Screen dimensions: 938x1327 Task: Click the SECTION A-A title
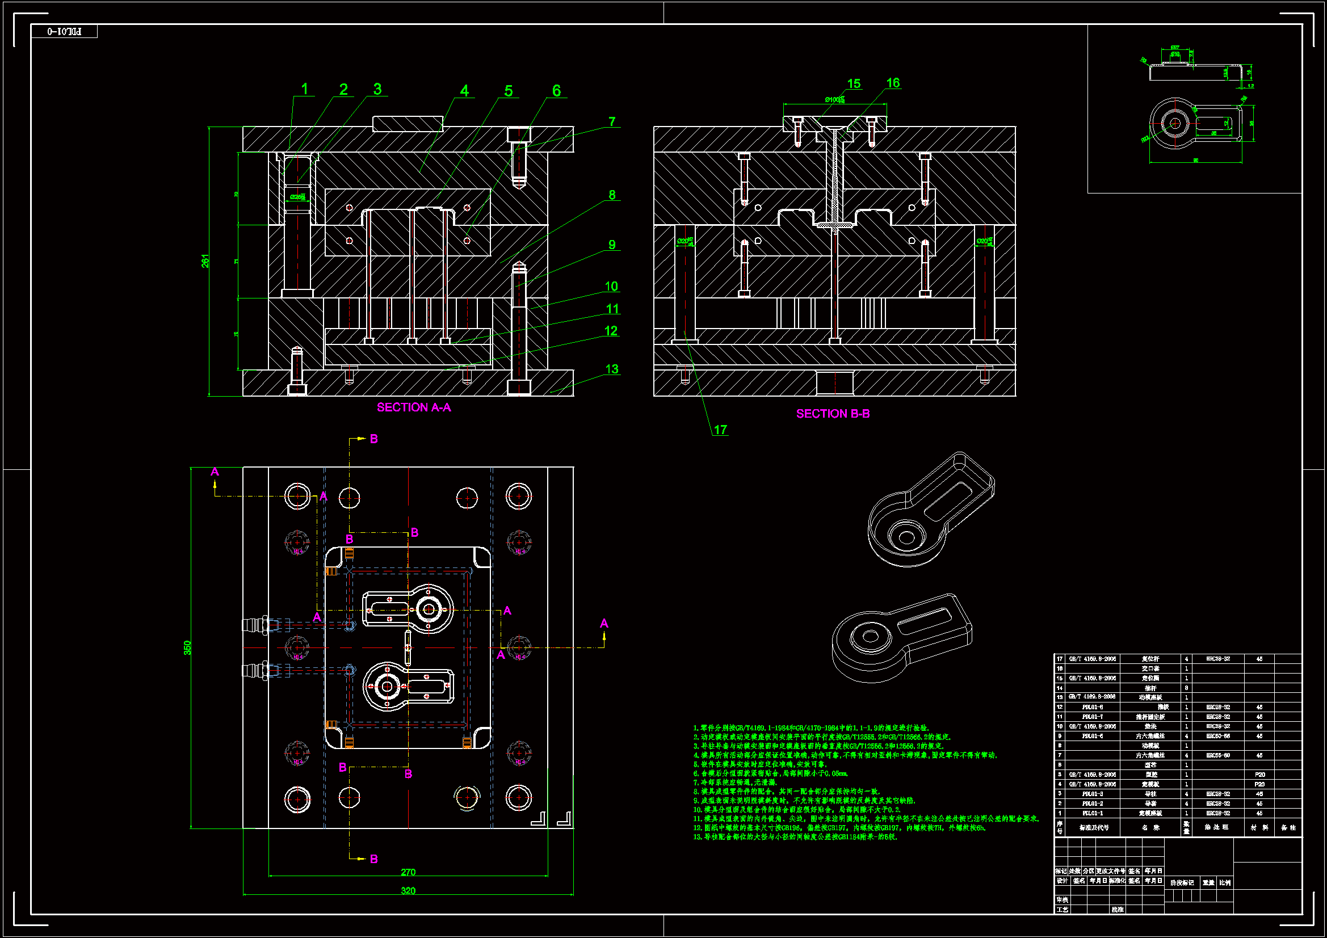(x=414, y=407)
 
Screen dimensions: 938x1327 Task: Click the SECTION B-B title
(x=833, y=414)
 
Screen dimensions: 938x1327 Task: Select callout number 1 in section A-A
(x=305, y=89)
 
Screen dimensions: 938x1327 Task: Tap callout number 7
(x=612, y=121)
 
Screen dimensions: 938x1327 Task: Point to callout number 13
(x=612, y=369)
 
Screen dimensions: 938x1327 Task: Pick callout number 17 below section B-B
(x=720, y=430)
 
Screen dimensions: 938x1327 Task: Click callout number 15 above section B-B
(x=854, y=84)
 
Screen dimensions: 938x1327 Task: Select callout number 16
(x=893, y=83)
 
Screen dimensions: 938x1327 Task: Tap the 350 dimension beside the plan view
(x=187, y=647)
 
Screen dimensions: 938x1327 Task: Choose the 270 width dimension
(x=408, y=872)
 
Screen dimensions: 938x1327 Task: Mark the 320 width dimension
(x=408, y=890)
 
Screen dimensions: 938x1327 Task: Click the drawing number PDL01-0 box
(x=64, y=31)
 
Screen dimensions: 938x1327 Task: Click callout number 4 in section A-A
(x=464, y=91)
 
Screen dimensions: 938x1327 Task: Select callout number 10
(x=611, y=286)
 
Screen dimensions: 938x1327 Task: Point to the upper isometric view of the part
(x=930, y=508)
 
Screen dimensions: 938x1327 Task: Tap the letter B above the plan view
(x=374, y=439)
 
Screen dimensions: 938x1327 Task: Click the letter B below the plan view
(x=374, y=859)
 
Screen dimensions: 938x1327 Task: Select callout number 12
(x=611, y=331)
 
